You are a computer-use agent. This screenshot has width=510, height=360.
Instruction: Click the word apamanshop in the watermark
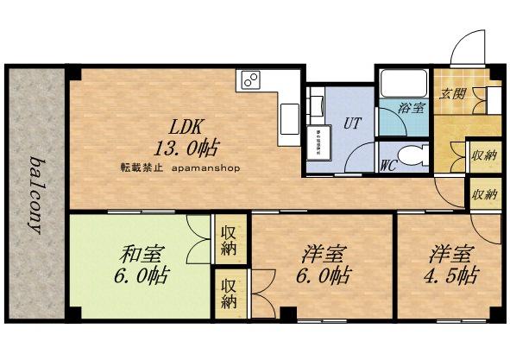207,168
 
